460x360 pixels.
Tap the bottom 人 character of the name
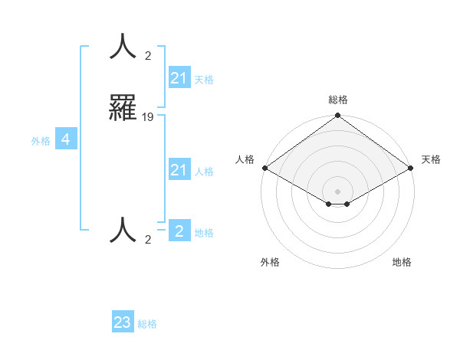point(123,229)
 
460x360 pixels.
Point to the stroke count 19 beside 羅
point(148,117)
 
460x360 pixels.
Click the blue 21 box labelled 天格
point(179,78)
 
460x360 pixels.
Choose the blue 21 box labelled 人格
point(179,170)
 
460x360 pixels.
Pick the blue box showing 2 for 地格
point(179,231)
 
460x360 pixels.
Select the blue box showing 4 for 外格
point(65,139)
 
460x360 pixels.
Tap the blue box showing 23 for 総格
point(123,322)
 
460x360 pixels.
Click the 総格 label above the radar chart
point(337,100)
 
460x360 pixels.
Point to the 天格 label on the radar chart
point(431,159)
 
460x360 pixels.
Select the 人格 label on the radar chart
point(245,159)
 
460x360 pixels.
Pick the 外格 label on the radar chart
point(270,262)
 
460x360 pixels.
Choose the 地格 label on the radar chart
point(402,262)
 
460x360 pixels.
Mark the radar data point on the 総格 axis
point(337,116)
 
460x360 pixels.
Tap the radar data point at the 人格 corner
point(264,168)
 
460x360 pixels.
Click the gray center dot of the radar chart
point(337,191)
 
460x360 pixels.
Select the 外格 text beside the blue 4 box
point(40,140)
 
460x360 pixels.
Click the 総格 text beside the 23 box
point(147,324)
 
